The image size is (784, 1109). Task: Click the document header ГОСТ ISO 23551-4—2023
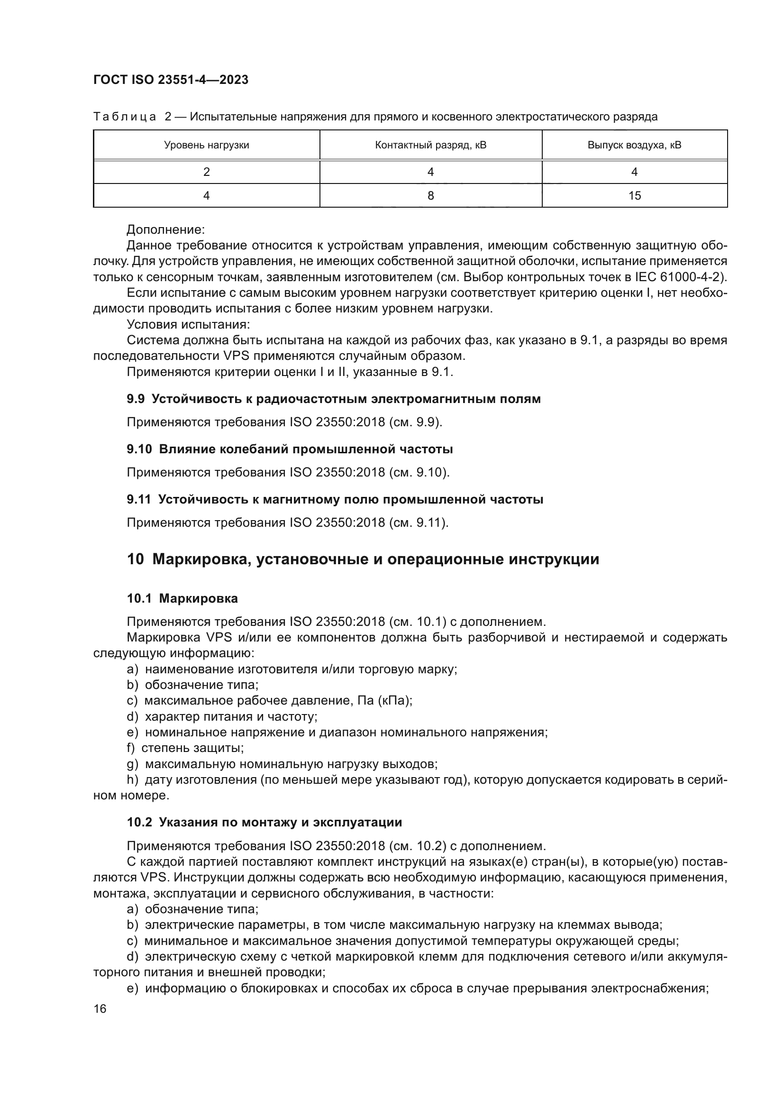(x=171, y=80)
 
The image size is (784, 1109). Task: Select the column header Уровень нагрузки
(x=206, y=145)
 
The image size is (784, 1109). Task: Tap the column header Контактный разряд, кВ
(x=430, y=145)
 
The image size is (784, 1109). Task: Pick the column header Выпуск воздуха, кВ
(x=634, y=145)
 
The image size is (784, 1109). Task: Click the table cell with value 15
(x=634, y=196)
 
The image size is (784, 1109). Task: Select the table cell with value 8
(x=430, y=196)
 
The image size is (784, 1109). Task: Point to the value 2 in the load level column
(x=206, y=172)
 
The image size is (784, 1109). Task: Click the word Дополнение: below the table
(x=165, y=229)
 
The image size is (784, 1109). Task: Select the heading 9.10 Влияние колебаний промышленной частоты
(x=290, y=449)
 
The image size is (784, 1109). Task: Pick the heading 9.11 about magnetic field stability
(x=335, y=499)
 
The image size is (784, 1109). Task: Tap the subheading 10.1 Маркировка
(x=182, y=598)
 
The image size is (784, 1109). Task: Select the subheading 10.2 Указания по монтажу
(x=264, y=822)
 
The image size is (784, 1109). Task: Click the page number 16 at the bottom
(x=100, y=1008)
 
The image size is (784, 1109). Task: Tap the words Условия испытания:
(x=188, y=324)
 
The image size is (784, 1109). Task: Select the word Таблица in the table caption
(x=125, y=117)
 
